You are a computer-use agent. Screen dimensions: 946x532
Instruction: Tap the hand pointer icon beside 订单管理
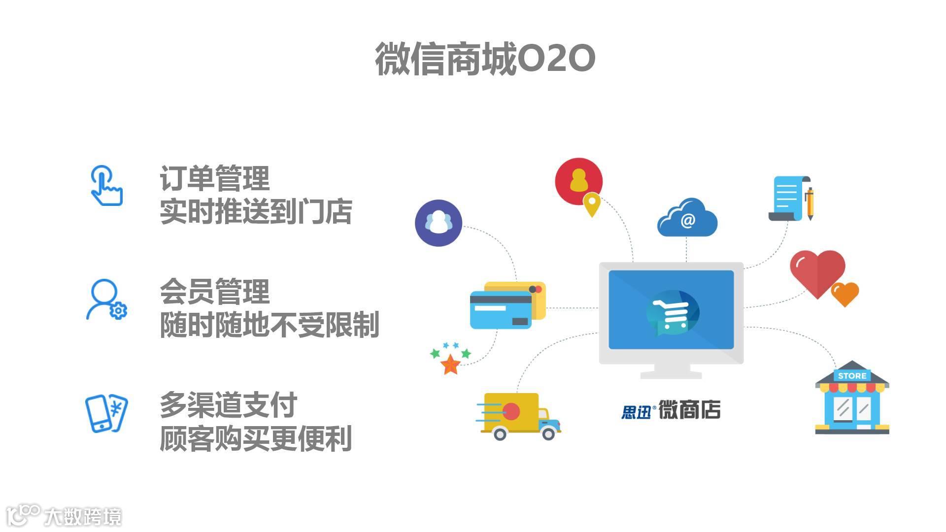[106, 186]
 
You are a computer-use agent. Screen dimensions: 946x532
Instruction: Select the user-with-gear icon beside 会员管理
[106, 299]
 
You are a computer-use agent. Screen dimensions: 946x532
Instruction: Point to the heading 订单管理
[214, 178]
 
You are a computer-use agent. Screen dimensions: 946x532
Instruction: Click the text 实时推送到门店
[256, 212]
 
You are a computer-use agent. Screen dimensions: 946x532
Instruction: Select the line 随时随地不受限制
[270, 325]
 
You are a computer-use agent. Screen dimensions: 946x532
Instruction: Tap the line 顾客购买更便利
[256, 438]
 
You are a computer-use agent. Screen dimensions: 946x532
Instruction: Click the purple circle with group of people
[439, 223]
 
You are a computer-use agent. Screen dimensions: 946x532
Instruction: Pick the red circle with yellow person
[578, 181]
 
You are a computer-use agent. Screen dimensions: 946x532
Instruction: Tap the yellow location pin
[592, 204]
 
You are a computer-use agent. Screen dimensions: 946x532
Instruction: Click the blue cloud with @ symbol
[687, 219]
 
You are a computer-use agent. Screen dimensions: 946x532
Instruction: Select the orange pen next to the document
[809, 203]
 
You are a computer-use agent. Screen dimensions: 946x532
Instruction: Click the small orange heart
[845, 294]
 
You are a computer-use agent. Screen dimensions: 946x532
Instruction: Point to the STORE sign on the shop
[852, 376]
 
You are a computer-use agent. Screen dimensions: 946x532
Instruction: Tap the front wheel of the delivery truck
[548, 433]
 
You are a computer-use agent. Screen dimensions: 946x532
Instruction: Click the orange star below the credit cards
[450, 365]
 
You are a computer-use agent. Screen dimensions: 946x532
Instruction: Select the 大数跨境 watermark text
[83, 517]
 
